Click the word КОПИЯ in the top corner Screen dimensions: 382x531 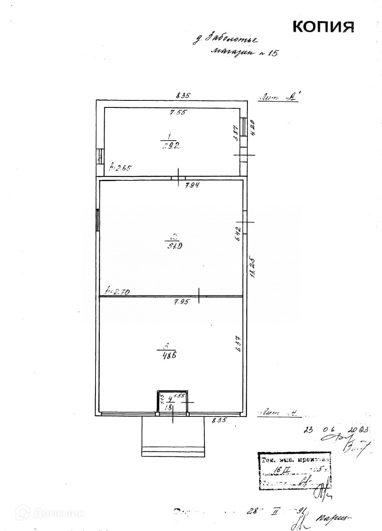pyautogui.click(x=323, y=26)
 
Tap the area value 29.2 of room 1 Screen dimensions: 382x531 pyautogui.click(x=168, y=145)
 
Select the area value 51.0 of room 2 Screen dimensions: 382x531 pyautogui.click(x=174, y=246)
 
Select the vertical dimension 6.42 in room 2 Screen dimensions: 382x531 pyautogui.click(x=238, y=234)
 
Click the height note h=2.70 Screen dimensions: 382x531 pyautogui.click(x=118, y=292)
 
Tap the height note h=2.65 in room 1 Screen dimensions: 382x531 pyautogui.click(x=120, y=168)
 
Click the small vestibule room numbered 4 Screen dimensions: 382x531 pyautogui.click(x=172, y=402)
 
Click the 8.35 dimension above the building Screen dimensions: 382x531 pyautogui.click(x=183, y=95)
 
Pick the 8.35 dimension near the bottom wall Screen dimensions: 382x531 pyautogui.click(x=219, y=420)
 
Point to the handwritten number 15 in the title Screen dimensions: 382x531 pyautogui.click(x=269, y=54)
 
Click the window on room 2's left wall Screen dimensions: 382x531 pyautogui.click(x=98, y=220)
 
